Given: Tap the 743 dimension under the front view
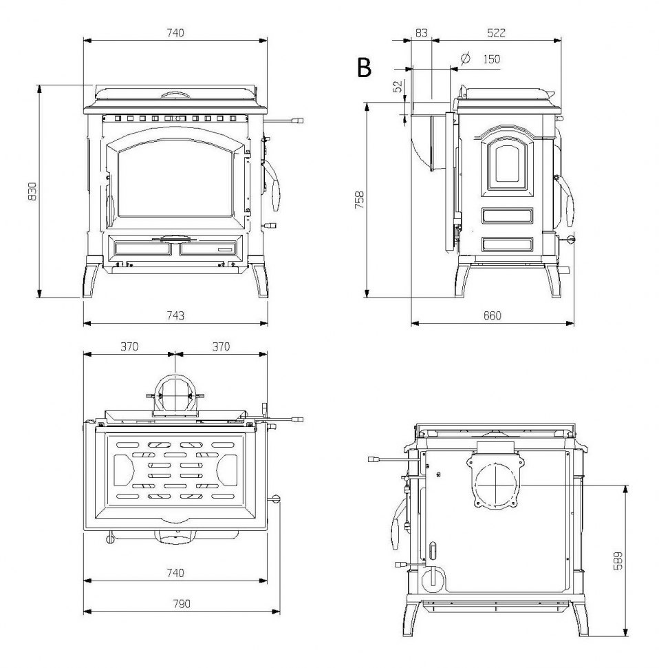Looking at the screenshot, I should [x=175, y=315].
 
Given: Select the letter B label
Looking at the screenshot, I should [x=364, y=67].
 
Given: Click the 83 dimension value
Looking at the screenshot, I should [x=421, y=32].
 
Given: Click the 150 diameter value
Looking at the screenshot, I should [x=490, y=59].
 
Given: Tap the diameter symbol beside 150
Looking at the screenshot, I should [x=465, y=59].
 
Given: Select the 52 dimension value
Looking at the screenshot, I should [x=397, y=87].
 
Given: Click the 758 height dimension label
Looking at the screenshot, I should [x=359, y=200].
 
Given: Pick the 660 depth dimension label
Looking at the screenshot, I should [x=492, y=315].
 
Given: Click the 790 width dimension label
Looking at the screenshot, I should [x=181, y=603].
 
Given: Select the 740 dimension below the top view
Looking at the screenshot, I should [x=175, y=572].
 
